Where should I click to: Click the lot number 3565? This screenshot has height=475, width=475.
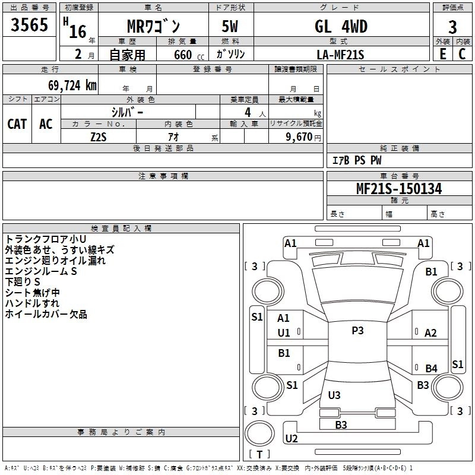(x=29, y=24)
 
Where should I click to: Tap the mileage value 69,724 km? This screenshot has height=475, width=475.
(x=72, y=85)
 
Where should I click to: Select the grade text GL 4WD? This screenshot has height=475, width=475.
(x=341, y=26)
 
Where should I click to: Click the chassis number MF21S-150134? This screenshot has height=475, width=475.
(x=399, y=188)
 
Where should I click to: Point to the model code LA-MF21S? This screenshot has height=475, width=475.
(x=340, y=55)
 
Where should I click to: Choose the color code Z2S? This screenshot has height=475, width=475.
(x=99, y=137)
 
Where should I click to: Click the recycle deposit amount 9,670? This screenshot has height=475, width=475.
(x=299, y=137)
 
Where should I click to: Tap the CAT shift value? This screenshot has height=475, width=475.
(x=17, y=124)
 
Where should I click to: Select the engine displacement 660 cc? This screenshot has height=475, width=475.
(x=189, y=55)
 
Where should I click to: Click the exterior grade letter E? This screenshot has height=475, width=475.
(x=443, y=54)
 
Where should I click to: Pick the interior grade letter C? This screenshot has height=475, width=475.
(x=462, y=54)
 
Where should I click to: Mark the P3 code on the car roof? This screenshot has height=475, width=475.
(x=357, y=331)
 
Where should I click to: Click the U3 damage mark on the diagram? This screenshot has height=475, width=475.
(x=334, y=395)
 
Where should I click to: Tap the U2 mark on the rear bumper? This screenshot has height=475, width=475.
(x=292, y=438)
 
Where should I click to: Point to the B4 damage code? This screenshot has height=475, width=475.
(x=432, y=368)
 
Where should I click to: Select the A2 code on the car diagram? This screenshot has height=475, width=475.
(x=430, y=333)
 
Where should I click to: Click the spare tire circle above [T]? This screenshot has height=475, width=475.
(x=259, y=433)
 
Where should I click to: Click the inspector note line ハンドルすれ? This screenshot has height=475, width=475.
(x=32, y=303)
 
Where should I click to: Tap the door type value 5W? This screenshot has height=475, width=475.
(x=230, y=26)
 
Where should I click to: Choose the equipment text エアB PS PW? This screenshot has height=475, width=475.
(x=357, y=160)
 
